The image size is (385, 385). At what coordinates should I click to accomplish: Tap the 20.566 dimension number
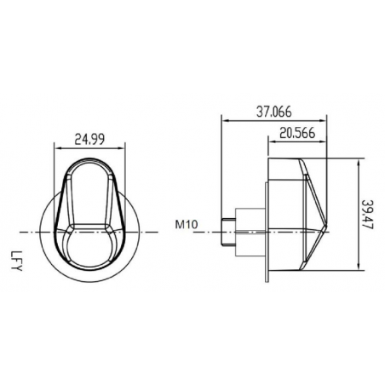299,132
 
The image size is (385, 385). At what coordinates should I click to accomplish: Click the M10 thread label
187,226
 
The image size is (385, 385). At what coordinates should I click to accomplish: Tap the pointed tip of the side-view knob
330,229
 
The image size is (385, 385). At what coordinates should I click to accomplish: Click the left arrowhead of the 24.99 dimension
56,147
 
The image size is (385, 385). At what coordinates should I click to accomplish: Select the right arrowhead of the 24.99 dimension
123,147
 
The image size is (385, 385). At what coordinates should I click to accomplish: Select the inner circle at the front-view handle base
89,247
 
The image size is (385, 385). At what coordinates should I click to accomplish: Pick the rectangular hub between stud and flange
250,230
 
